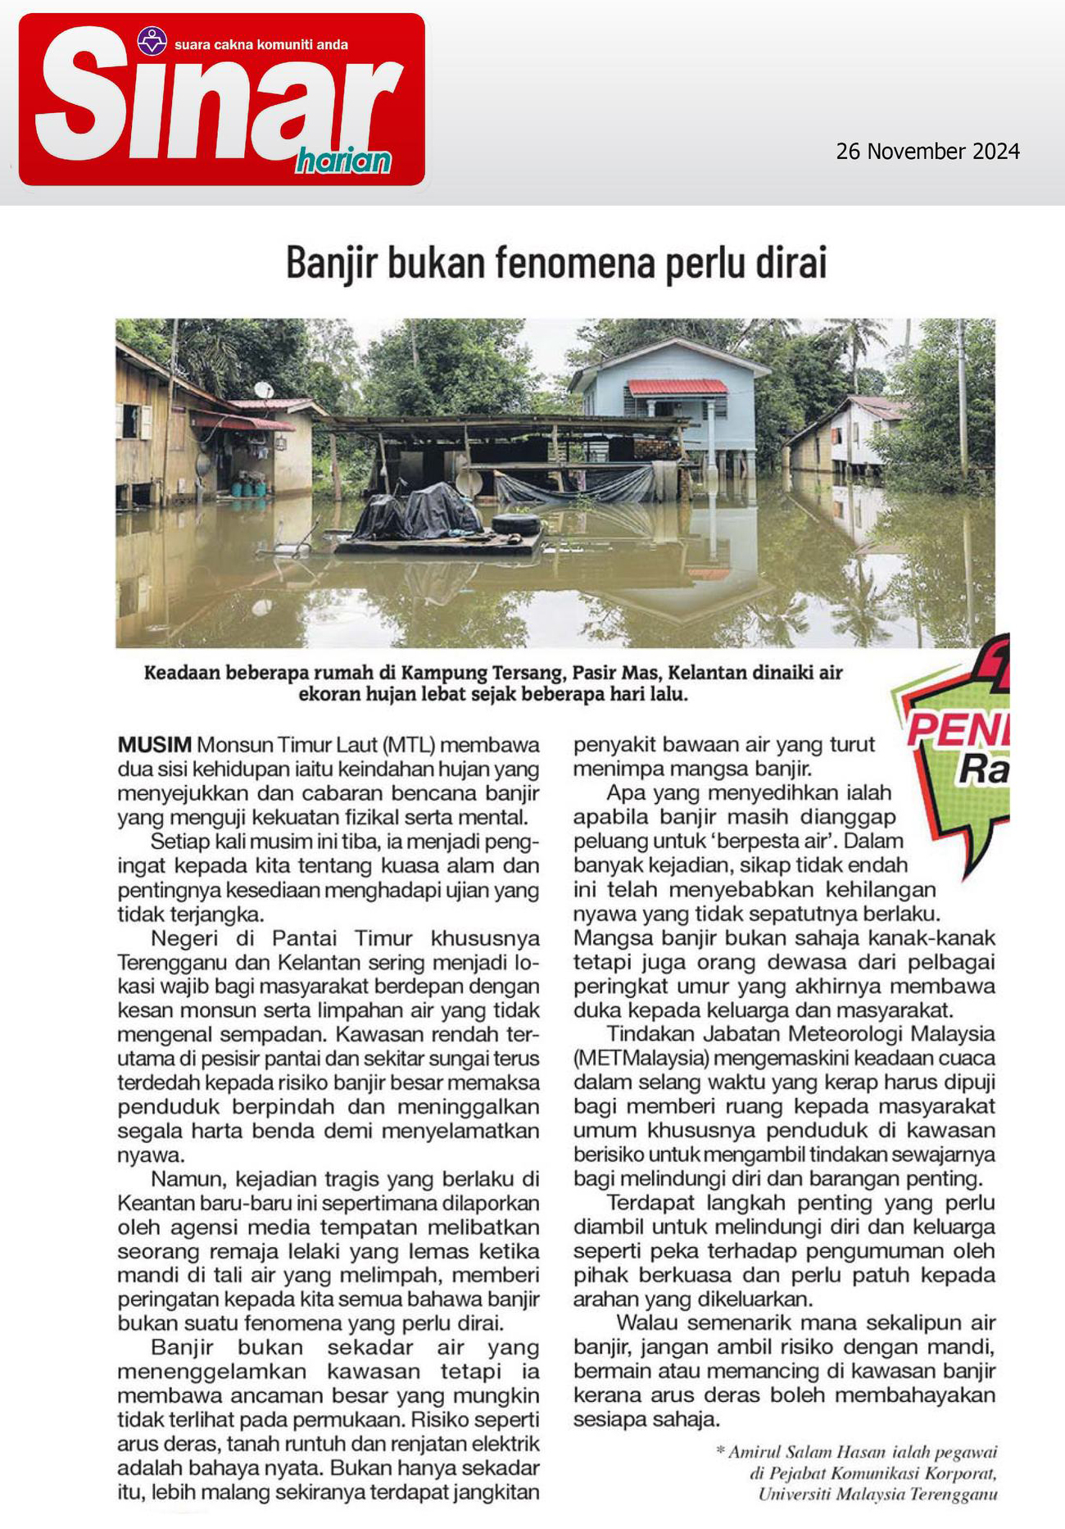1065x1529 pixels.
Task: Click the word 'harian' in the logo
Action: click(x=343, y=161)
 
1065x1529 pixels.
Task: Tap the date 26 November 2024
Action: click(x=927, y=152)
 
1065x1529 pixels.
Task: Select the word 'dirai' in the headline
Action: click(x=795, y=263)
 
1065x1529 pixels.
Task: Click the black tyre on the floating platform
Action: click(x=515, y=524)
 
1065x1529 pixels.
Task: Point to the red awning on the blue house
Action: click(x=677, y=387)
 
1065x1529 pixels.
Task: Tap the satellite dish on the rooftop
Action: click(x=264, y=390)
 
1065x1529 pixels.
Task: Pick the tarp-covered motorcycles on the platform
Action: click(x=418, y=512)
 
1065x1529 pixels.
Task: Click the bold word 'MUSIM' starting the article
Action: click(x=155, y=745)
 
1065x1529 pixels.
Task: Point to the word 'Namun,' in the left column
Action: click(x=188, y=1178)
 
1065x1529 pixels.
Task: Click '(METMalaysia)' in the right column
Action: click(x=641, y=1058)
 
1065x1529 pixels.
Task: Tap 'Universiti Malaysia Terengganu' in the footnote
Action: click(x=877, y=1494)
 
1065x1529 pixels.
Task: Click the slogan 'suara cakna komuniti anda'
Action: click(x=261, y=45)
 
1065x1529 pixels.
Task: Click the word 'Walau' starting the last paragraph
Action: click(x=647, y=1323)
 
